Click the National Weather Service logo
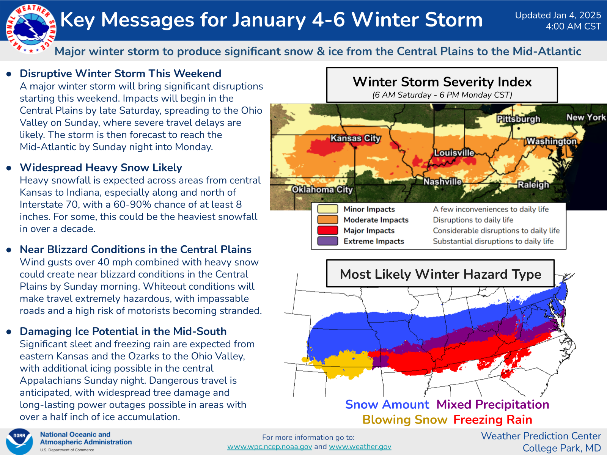pyautogui.click(x=31, y=29)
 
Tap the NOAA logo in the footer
pyautogui.click(x=19, y=441)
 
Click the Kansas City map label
pyautogui.click(x=355, y=138)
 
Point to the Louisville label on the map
pyautogui.click(x=454, y=153)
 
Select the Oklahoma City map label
pyautogui.click(x=322, y=190)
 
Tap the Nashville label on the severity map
pyautogui.click(x=442, y=182)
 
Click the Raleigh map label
pyautogui.click(x=533, y=185)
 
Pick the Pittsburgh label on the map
pyautogui.click(x=518, y=119)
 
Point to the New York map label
pyautogui.click(x=586, y=118)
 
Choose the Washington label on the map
pyautogui.click(x=551, y=141)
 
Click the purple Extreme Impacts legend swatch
pyautogui.click(x=327, y=241)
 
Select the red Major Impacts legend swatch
pyautogui.click(x=327, y=230)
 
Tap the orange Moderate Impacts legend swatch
pyautogui.click(x=327, y=220)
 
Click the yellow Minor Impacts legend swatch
pyautogui.click(x=327, y=209)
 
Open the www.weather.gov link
pyautogui.click(x=360, y=447)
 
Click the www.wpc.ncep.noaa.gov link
pyautogui.click(x=270, y=447)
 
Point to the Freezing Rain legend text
pyautogui.click(x=493, y=420)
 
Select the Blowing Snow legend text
pyautogui.click(x=405, y=420)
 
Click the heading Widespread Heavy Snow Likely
pyautogui.click(x=101, y=168)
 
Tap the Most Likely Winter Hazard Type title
pyautogui.click(x=440, y=274)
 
